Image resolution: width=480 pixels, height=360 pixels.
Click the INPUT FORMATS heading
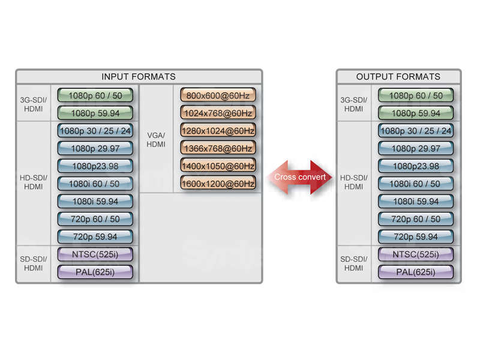point(139,77)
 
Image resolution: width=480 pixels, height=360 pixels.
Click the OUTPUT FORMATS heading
point(398,77)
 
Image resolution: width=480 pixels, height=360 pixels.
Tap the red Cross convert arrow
point(299,177)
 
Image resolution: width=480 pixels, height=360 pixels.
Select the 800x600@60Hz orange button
point(218,95)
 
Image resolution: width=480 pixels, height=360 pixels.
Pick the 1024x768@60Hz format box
point(218,113)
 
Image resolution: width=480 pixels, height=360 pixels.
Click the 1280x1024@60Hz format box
point(218,131)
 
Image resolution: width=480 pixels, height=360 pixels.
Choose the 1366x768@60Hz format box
point(218,148)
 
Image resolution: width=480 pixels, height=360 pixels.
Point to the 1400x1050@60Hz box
point(218,166)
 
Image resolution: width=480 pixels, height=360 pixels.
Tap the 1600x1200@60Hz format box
point(218,183)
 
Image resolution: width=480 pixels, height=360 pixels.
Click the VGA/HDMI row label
point(156,139)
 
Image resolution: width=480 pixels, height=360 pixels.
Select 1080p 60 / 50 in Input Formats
point(95,95)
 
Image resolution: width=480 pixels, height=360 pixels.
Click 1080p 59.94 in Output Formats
point(415,113)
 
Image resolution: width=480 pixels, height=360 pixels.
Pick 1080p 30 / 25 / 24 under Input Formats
point(95,131)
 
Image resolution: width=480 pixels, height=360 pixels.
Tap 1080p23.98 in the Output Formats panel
point(415,166)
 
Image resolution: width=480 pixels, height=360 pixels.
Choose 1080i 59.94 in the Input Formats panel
point(95,202)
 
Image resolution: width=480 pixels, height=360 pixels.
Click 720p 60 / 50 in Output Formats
point(415,219)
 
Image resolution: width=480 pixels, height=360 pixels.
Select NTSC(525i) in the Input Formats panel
point(95,254)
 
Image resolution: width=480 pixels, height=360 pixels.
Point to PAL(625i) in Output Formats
point(415,272)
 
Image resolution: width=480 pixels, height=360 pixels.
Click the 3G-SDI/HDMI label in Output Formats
point(353,104)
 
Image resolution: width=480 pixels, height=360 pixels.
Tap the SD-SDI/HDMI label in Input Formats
point(33,263)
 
